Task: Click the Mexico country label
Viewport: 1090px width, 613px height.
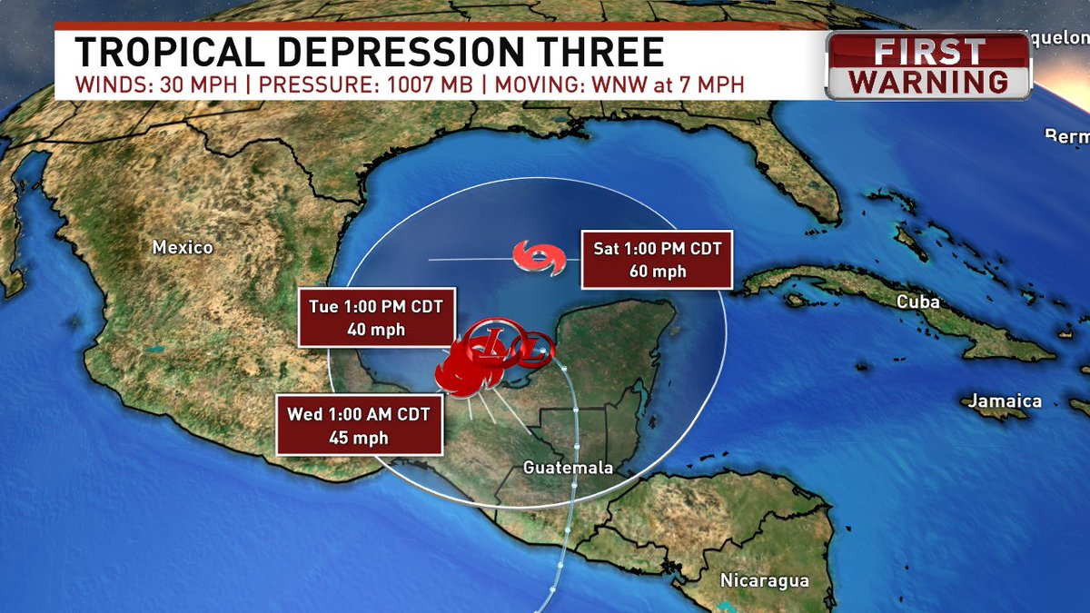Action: click(183, 247)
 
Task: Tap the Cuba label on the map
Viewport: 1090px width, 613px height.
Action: click(917, 302)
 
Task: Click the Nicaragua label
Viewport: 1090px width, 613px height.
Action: click(764, 579)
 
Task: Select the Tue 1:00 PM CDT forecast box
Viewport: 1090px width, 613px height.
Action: click(376, 319)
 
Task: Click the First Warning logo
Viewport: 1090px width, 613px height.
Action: click(928, 65)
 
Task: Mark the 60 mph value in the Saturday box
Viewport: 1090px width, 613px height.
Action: click(652, 271)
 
